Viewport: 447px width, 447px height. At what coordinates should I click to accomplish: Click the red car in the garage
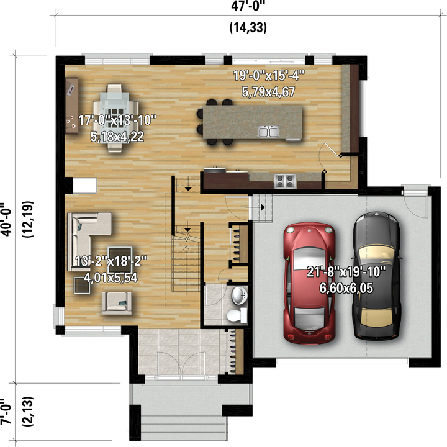pyautogui.click(x=309, y=282)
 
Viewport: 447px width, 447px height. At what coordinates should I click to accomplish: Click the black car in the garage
pyautogui.click(x=377, y=276)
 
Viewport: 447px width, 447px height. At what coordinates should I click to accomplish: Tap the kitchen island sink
pyautogui.click(x=268, y=132)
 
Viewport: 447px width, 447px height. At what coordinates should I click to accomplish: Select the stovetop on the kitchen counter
pyautogui.click(x=285, y=181)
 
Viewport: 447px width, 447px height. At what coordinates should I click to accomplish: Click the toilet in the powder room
pyautogui.click(x=237, y=315)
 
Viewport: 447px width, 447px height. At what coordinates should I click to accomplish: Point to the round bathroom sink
pyautogui.click(x=239, y=296)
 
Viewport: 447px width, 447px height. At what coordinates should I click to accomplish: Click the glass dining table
pyautogui.click(x=115, y=117)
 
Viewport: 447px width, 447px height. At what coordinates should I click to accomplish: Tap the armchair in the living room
pyautogui.click(x=117, y=303)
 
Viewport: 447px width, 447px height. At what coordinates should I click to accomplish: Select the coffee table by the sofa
pyautogui.click(x=120, y=260)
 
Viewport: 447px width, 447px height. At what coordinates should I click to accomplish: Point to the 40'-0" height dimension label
pyautogui.click(x=6, y=219)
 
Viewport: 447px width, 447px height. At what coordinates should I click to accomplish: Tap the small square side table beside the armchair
pyautogui.click(x=82, y=286)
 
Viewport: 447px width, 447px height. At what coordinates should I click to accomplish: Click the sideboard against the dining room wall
pyautogui.click(x=71, y=106)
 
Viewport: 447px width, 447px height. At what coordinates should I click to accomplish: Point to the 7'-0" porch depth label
pyautogui.click(x=6, y=411)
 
